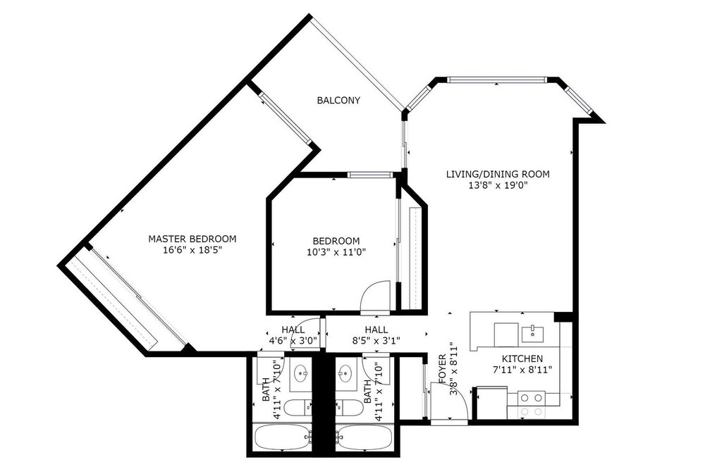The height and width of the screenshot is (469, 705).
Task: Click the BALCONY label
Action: click(338, 100)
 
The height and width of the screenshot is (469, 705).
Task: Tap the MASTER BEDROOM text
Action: click(192, 239)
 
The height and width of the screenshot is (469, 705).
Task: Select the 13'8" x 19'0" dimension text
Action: click(497, 185)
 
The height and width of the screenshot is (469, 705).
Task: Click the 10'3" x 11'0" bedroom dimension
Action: click(336, 252)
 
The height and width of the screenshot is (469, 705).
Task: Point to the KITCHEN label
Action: click(522, 359)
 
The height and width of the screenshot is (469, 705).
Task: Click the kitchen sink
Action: click(532, 334)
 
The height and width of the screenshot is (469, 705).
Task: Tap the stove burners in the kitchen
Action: click(532, 405)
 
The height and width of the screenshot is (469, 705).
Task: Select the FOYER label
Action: click(442, 369)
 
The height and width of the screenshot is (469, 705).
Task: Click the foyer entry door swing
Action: click(450, 403)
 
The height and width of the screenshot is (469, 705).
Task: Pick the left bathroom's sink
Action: click(300, 373)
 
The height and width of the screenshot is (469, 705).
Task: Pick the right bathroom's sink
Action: click(345, 373)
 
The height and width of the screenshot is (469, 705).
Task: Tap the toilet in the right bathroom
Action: click(349, 408)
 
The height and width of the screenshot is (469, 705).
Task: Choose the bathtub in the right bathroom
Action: click(364, 437)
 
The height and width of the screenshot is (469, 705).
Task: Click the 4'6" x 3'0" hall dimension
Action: click(293, 341)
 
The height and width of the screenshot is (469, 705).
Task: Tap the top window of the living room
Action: click(497, 80)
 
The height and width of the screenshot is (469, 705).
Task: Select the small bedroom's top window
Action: click(371, 175)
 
